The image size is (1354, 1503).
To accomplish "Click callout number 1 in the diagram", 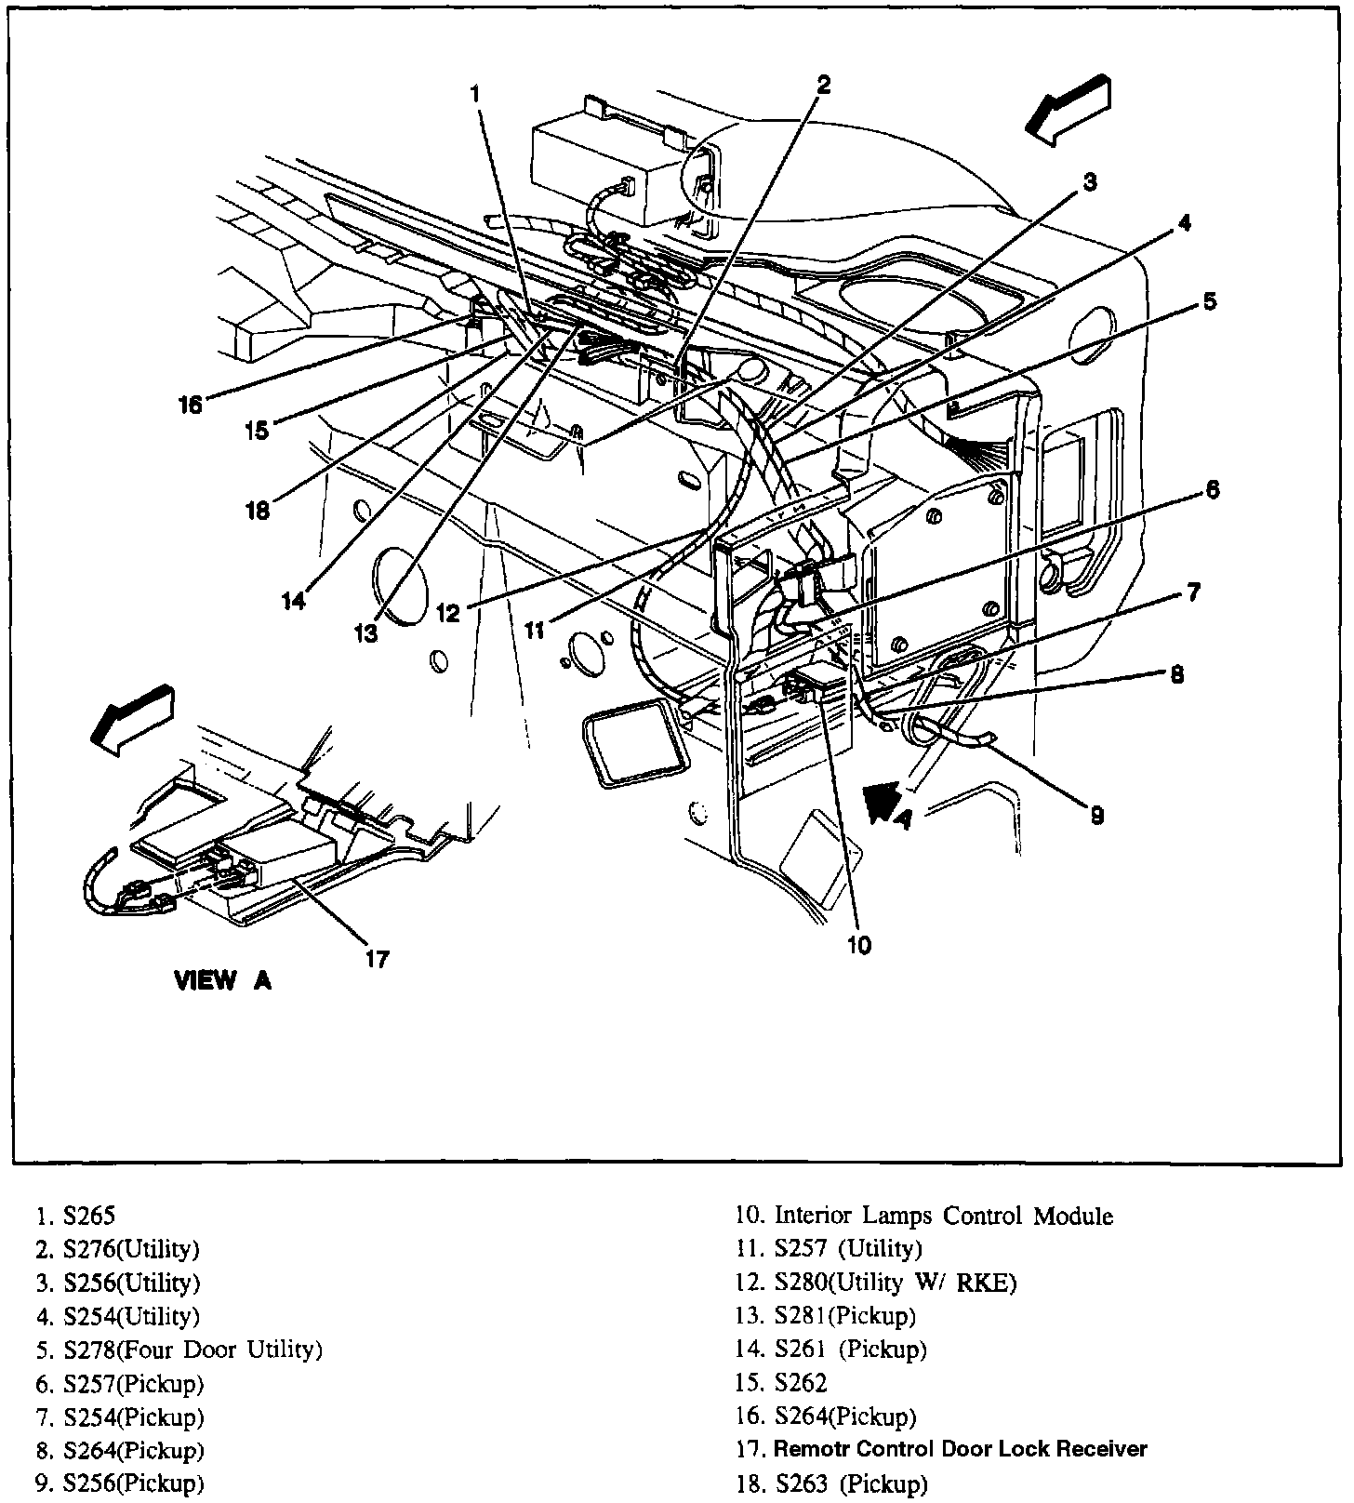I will click(475, 94).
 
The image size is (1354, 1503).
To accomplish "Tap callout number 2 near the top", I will click(823, 85).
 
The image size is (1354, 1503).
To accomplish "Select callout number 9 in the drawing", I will click(1097, 815).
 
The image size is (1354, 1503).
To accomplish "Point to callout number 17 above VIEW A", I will click(377, 959).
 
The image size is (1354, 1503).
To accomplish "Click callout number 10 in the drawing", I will click(859, 945).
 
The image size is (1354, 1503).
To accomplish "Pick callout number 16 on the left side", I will click(190, 406).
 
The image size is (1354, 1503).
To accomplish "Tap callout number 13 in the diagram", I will click(365, 633).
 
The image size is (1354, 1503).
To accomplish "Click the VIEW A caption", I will click(223, 980).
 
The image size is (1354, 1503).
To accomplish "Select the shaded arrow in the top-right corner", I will click(1069, 110).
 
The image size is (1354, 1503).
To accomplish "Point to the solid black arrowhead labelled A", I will click(880, 802).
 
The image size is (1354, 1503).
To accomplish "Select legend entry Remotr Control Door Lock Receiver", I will click(960, 1448).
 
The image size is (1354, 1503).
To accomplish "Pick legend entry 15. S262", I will click(781, 1382).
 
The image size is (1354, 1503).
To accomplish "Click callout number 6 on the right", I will click(1213, 489).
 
